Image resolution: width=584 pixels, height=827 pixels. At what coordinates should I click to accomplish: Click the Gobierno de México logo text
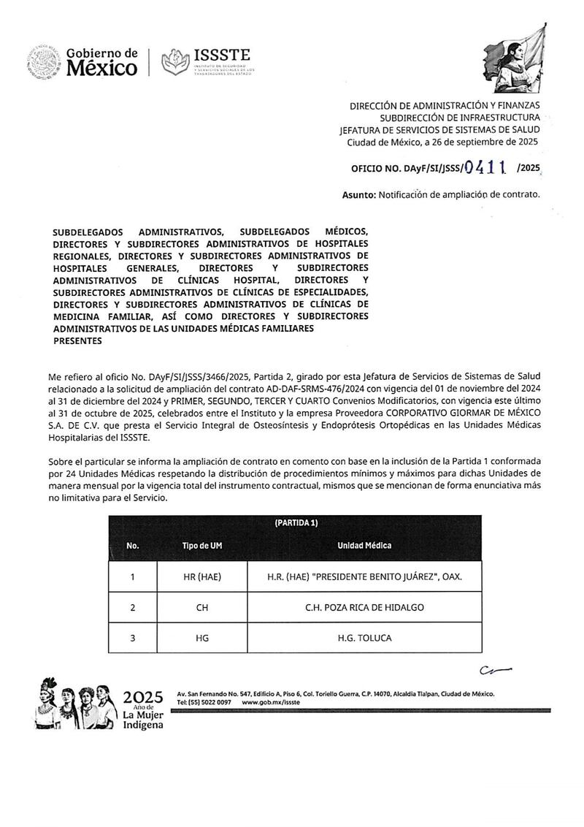pos(101,62)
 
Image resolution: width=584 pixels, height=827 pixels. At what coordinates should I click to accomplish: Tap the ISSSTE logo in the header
pos(207,61)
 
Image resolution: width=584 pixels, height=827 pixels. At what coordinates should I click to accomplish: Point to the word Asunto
pos(358,195)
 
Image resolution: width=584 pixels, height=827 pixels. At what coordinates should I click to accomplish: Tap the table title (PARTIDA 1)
pos(296,523)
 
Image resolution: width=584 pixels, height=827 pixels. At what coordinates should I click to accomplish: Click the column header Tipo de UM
pos(202,546)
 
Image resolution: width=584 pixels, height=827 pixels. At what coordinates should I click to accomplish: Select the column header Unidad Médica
pos(364,546)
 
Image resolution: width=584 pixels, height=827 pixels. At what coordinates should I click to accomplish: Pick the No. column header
pos(132,546)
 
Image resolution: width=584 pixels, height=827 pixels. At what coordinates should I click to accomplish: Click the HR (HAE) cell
pos(202,577)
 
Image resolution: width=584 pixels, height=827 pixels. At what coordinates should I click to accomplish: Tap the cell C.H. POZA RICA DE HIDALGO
pos(364,608)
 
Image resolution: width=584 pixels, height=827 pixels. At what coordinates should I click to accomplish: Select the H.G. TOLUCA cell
pos(364,639)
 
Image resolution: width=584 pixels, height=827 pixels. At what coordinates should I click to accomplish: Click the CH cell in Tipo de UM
pos(202,608)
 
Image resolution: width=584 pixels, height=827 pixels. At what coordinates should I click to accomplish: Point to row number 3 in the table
pos(132,639)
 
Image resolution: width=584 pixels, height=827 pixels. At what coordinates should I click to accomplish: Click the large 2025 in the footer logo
pos(143,695)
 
